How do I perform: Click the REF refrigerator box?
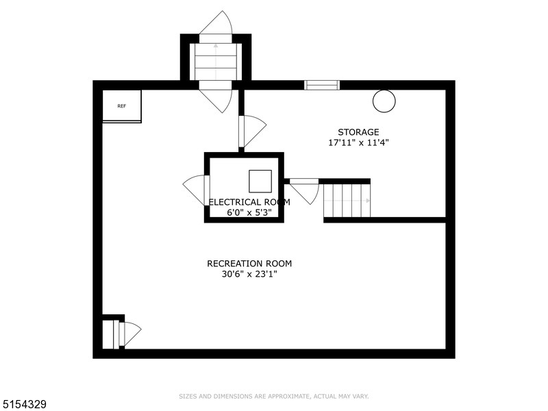(122, 106)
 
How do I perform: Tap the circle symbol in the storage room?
(384, 101)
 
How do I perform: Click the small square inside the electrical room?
(260, 181)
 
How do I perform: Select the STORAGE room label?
(358, 132)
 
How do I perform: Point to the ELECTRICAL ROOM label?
(249, 202)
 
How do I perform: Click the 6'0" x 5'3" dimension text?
(249, 212)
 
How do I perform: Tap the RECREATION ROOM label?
(249, 263)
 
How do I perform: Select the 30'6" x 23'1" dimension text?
(249, 274)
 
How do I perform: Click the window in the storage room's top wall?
(322, 85)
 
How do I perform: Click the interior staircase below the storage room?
(347, 200)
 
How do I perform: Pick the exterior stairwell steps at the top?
(215, 62)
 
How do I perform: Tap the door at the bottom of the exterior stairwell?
(217, 98)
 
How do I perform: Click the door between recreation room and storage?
(251, 131)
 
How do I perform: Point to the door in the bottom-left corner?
(129, 334)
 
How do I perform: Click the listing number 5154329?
(24, 405)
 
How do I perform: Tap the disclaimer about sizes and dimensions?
(273, 396)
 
